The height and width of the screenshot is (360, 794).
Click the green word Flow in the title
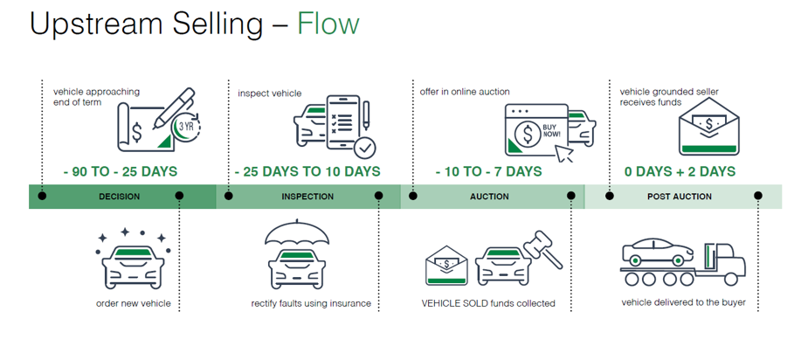(328, 24)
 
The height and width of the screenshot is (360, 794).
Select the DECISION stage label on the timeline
(119, 197)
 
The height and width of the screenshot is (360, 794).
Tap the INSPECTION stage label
(307, 197)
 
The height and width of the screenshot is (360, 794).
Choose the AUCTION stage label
(489, 197)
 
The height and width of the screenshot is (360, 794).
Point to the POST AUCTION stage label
(679, 197)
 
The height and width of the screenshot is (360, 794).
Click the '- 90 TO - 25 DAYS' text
(120, 171)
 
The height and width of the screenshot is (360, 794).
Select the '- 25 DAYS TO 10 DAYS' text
(307, 171)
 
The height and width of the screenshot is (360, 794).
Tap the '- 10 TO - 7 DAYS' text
(489, 171)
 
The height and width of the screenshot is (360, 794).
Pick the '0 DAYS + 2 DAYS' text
(679, 171)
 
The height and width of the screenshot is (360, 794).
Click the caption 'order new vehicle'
(133, 304)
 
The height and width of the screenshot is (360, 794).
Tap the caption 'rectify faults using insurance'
(310, 304)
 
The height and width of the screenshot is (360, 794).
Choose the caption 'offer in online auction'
(464, 91)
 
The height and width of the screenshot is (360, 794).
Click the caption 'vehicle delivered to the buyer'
(683, 302)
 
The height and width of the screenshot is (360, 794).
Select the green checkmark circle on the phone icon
(365, 146)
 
